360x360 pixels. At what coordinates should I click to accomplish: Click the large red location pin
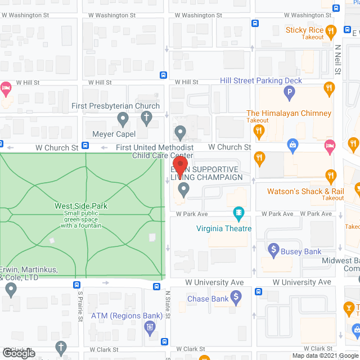(x=180, y=164)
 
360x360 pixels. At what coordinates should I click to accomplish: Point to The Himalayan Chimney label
(x=289, y=113)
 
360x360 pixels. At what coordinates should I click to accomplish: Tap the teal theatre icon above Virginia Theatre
(x=239, y=213)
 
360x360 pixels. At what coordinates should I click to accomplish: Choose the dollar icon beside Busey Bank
(x=274, y=248)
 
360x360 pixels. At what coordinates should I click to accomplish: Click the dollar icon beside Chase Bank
(x=236, y=295)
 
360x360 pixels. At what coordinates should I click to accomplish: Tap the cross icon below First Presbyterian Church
(x=146, y=118)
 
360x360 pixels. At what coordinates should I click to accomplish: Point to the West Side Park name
(x=81, y=206)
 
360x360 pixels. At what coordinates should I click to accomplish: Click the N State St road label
(x=167, y=304)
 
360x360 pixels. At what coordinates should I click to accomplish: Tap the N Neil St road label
(x=337, y=60)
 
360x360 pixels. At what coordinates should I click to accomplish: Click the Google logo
(x=18, y=353)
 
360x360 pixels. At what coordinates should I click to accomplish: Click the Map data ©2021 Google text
(x=323, y=355)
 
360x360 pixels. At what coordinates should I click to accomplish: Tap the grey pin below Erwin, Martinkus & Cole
(x=11, y=290)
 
